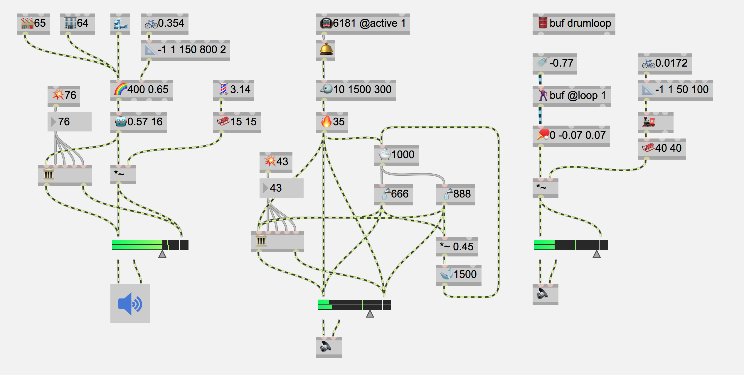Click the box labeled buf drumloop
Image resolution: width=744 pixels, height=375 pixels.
pyautogui.click(x=574, y=23)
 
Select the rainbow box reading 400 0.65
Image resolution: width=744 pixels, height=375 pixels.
pyautogui.click(x=142, y=90)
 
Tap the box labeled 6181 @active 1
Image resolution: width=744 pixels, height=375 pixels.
pyautogui.click(x=363, y=23)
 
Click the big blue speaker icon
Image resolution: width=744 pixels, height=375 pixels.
pyautogui.click(x=130, y=304)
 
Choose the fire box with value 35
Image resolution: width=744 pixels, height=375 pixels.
pyautogui.click(x=332, y=122)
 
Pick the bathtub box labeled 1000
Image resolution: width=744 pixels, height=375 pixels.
pyautogui.click(x=396, y=155)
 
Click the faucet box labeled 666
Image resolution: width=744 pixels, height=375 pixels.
pyautogui.click(x=393, y=194)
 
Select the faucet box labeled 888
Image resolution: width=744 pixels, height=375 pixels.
pyautogui.click(x=455, y=194)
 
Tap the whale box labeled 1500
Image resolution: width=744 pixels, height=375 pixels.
pyautogui.click(x=459, y=275)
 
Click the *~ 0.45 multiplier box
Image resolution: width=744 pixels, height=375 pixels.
pyautogui.click(x=457, y=247)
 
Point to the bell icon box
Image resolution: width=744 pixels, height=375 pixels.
pyautogui.click(x=325, y=50)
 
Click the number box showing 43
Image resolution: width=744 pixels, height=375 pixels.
pyautogui.click(x=281, y=188)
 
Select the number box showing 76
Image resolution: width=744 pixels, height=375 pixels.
pyautogui.click(x=69, y=122)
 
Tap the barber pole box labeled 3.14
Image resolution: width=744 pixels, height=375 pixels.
pyautogui.click(x=233, y=90)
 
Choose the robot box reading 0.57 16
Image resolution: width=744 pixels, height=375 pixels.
pyautogui.click(x=138, y=122)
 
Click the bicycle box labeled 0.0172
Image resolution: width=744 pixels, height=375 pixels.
pyautogui.click(x=665, y=63)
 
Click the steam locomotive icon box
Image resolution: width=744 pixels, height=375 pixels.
pyautogui.click(x=656, y=122)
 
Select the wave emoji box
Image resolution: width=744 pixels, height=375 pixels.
pyautogui.click(x=120, y=23)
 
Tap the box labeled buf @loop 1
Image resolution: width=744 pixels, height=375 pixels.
pyautogui.click(x=571, y=96)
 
